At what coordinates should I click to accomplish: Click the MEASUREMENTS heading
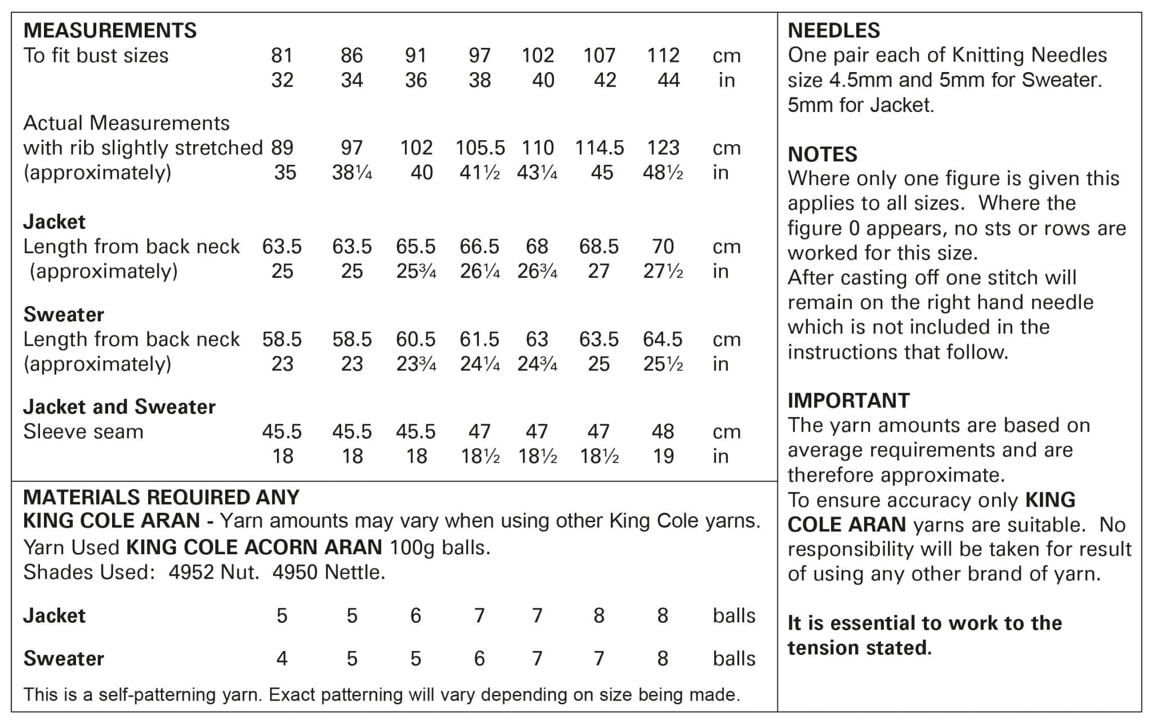click(110, 30)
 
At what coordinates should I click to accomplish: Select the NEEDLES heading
click(833, 30)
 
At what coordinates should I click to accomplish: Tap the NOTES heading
click(822, 154)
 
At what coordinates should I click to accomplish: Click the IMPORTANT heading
click(848, 400)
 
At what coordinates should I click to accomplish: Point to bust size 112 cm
click(663, 55)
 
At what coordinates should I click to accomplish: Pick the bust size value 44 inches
click(668, 80)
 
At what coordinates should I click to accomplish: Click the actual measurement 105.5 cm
click(480, 147)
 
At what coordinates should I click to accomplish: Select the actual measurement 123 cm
click(663, 147)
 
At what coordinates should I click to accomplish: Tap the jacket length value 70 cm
click(663, 246)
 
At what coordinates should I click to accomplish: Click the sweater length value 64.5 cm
click(663, 339)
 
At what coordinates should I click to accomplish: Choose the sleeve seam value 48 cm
click(663, 432)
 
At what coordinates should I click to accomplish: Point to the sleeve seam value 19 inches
click(663, 456)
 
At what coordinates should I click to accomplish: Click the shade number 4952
click(191, 572)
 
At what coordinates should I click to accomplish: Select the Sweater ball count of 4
click(282, 658)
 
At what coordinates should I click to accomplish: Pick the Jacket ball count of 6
click(415, 616)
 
